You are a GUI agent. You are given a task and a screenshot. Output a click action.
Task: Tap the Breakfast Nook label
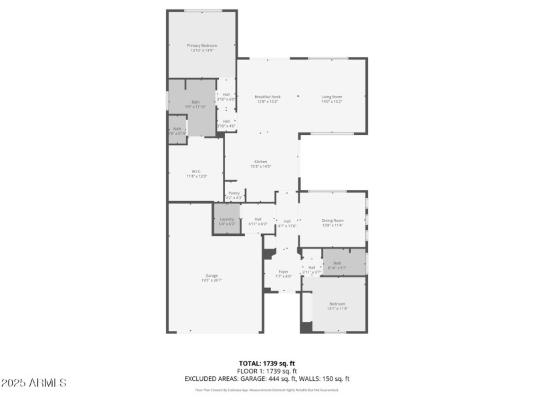[x=267, y=97]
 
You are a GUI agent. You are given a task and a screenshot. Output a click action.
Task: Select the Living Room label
[x=332, y=97]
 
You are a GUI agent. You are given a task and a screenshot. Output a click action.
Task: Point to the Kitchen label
[x=260, y=162]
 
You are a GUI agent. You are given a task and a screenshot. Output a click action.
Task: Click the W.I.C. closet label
[x=196, y=171]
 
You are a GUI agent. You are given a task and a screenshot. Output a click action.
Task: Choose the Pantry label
[x=234, y=193]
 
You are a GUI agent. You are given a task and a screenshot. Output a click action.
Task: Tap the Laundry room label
[x=227, y=219]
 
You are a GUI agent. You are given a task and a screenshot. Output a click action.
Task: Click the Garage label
[x=212, y=275]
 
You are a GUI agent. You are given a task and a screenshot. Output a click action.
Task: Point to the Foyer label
[x=283, y=271]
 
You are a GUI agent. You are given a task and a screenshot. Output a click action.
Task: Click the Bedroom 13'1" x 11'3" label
[x=337, y=303]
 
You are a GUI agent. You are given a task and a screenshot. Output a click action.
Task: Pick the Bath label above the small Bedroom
[x=337, y=263]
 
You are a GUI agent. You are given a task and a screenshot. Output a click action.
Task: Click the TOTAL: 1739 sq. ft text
[x=267, y=363]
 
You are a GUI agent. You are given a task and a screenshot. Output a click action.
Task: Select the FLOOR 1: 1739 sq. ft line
[x=267, y=370]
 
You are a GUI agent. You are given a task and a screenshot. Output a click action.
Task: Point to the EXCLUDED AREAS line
[x=267, y=378]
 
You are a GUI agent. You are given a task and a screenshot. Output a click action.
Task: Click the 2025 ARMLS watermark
[x=33, y=383]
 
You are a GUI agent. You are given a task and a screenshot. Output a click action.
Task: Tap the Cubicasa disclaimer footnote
[x=267, y=390]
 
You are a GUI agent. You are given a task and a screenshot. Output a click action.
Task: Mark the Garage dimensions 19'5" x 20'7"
[x=212, y=279]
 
